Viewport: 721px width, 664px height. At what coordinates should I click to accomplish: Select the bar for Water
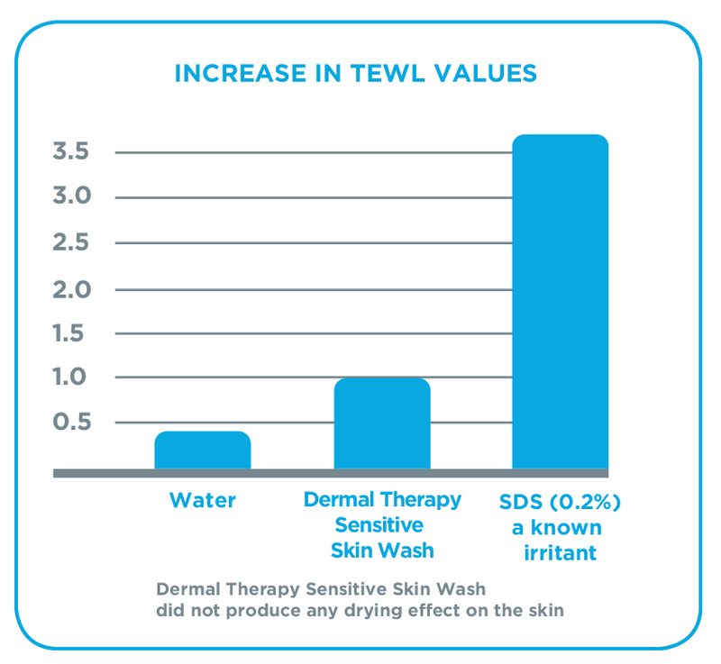[203, 450]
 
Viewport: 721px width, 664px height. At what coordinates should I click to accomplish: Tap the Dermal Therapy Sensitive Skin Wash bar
[382, 423]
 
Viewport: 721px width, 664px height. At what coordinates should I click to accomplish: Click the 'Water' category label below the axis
[203, 500]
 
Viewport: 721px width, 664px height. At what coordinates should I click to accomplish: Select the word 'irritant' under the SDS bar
[560, 551]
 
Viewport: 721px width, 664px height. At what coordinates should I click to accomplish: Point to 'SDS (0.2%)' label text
[560, 500]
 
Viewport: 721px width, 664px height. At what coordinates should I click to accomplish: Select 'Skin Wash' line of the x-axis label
[382, 550]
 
